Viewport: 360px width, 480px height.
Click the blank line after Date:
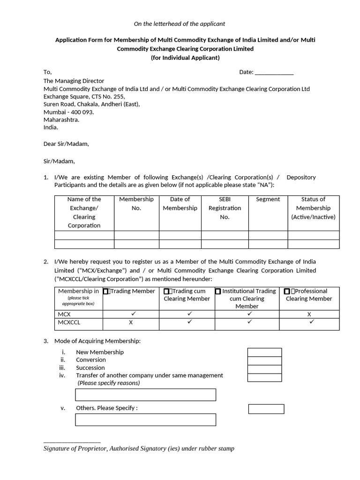274,73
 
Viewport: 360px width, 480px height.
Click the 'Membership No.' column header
136,203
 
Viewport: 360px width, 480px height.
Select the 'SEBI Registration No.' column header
225,208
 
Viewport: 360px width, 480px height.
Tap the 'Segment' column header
268,199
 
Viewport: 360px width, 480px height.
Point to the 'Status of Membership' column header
313,208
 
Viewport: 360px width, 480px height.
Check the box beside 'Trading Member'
106,292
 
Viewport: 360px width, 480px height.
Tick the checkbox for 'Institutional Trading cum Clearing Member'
218,292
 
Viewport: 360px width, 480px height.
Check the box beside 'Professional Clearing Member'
286,292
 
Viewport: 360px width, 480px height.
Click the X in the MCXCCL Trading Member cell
131,322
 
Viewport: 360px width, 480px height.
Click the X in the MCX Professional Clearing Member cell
309,315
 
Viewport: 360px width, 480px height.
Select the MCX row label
64,314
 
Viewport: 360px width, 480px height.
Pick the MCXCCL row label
69,322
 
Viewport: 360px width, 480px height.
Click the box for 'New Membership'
264,352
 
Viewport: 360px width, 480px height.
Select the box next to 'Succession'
264,369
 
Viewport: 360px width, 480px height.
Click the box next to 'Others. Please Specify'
266,409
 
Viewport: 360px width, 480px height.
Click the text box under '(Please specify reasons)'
145,395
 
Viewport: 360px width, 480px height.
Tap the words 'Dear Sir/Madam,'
66,144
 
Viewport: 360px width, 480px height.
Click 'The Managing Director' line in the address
74,81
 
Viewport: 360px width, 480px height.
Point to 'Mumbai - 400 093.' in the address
68,112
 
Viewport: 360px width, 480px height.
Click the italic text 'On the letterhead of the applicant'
180,23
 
